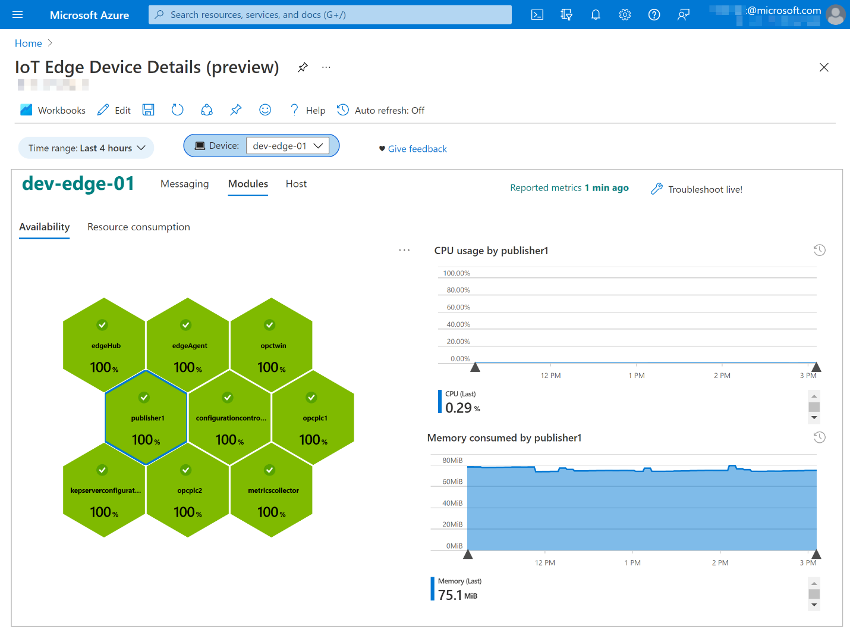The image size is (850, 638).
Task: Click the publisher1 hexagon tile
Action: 146,418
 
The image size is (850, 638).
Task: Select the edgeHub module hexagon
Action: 105,345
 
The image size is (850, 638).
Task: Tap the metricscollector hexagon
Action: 272,490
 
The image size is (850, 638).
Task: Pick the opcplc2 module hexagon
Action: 188,490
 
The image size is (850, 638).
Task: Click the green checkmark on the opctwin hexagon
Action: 270,325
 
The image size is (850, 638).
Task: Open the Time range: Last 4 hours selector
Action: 87,148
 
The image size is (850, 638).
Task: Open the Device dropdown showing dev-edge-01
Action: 288,146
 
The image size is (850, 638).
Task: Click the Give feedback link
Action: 417,149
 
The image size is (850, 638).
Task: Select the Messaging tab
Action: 184,184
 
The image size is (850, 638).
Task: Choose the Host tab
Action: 296,184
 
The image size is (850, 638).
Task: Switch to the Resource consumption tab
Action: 138,227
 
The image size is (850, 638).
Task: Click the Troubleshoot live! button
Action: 697,189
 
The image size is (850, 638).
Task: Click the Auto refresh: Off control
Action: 381,110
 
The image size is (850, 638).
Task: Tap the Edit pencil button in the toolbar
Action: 114,110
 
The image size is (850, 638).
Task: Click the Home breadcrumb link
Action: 28,43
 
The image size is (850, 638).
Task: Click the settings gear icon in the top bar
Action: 625,15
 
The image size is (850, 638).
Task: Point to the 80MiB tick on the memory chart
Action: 452,460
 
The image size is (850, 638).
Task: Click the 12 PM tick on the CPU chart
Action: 550,376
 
